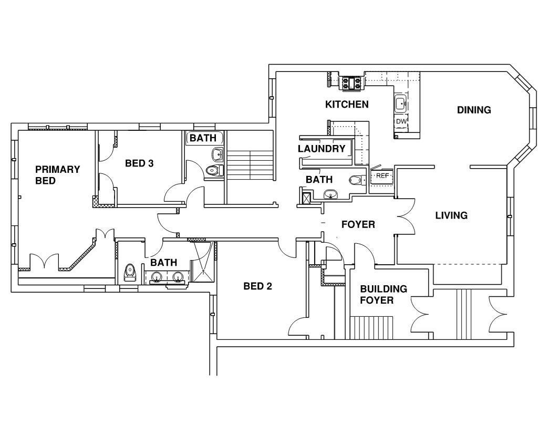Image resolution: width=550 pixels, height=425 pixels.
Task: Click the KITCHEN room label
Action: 347,105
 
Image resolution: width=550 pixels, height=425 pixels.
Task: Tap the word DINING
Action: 474,110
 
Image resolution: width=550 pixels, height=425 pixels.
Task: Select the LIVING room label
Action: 451,215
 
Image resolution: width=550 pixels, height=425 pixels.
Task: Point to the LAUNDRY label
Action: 321,149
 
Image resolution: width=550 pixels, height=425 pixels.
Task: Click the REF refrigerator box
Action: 382,175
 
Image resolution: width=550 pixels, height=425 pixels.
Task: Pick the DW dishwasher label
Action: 401,121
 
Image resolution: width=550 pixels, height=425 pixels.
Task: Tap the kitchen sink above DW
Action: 401,104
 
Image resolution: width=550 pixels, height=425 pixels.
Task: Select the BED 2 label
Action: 258,286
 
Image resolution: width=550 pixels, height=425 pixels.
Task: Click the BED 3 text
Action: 139,163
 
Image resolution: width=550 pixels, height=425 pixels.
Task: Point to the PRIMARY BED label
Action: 57,175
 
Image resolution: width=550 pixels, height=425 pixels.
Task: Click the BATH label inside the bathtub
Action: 205,138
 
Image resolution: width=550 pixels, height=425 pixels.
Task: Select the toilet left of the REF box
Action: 357,180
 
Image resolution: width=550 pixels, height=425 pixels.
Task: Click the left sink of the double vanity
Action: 157,276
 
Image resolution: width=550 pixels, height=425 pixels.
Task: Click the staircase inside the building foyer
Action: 372,328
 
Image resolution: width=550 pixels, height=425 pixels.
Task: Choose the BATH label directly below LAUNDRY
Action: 319,180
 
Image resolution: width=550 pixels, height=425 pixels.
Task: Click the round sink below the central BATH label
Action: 330,194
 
